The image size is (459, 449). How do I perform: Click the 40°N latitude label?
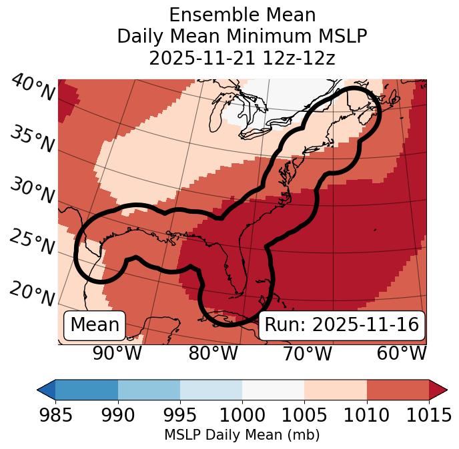32,88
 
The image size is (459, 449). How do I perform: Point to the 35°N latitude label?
32,139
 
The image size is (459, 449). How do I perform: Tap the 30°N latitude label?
32,191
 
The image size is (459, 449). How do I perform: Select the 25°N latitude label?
32,242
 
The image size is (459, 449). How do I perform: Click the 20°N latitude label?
32,294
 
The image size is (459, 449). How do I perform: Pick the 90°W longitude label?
117,354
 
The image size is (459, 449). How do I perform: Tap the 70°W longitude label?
307,354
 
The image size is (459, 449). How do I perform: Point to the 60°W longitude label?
402,354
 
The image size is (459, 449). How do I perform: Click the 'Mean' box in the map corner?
95,325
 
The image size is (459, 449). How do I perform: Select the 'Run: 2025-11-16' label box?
342,325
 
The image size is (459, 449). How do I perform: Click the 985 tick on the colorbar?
55,415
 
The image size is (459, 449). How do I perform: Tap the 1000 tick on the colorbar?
242,415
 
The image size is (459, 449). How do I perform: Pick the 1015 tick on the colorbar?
429,415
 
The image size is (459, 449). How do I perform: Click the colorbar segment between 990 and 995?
149,389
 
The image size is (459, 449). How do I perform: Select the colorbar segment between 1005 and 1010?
336,389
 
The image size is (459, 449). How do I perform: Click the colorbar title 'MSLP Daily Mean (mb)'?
242,436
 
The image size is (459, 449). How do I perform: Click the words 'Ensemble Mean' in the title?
242,15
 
